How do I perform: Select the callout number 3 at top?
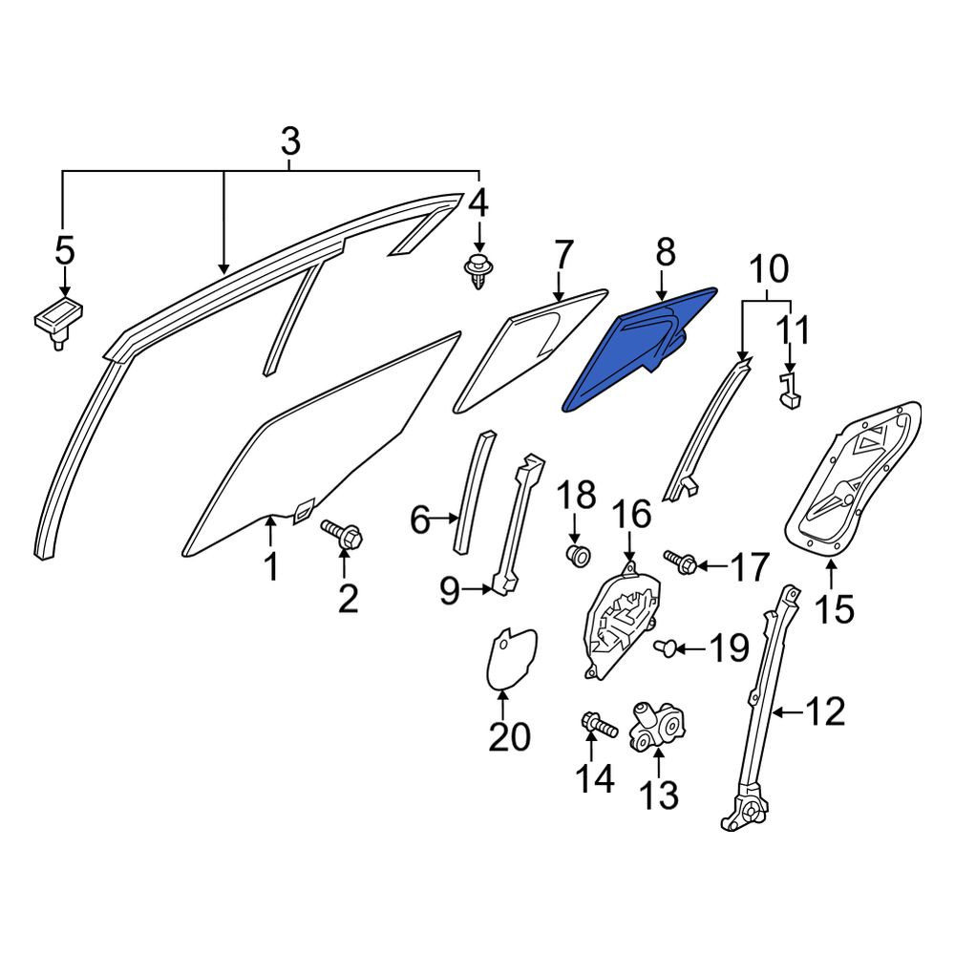tap(290, 141)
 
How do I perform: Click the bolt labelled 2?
tap(342, 534)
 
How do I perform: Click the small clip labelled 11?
tap(790, 391)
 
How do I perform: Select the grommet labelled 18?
tap(576, 556)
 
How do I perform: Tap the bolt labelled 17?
tap(680, 561)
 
